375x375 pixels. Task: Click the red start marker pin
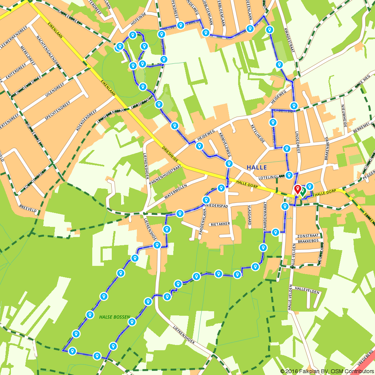[x=297, y=189]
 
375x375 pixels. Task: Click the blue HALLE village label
[x=257, y=167]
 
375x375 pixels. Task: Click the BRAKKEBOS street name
[x=308, y=242]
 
